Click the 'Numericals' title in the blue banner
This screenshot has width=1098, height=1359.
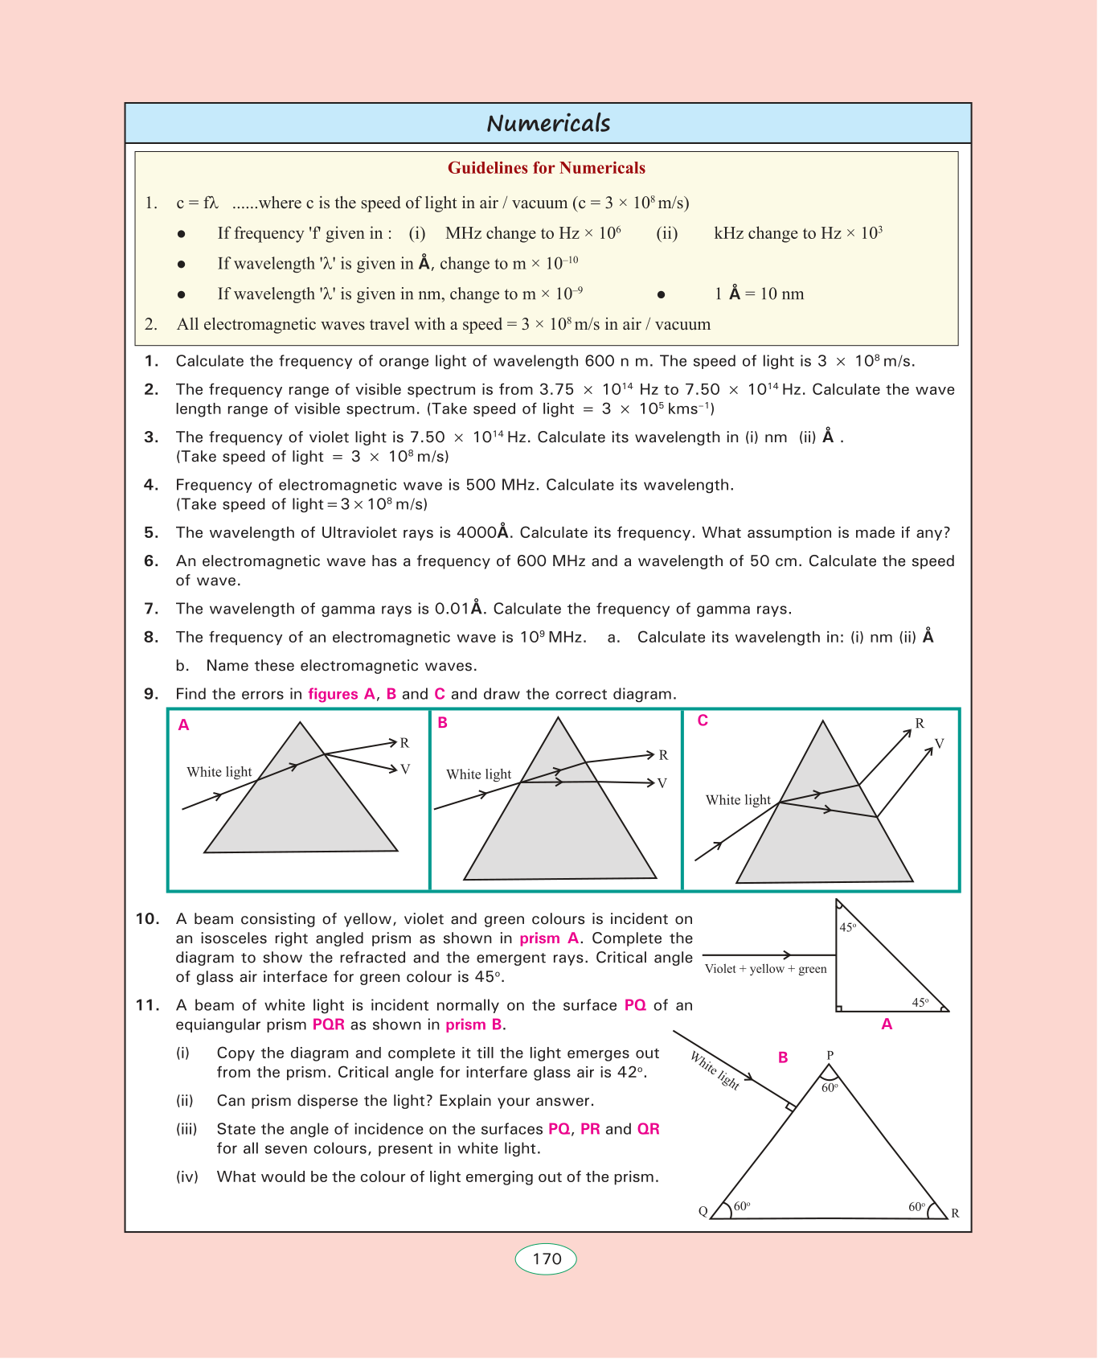(548, 123)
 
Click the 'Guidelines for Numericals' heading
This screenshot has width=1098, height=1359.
(547, 168)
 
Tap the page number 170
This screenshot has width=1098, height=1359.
(547, 1258)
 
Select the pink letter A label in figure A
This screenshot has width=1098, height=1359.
(184, 725)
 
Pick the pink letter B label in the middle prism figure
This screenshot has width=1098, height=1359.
(443, 723)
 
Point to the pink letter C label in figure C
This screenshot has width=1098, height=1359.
(703, 721)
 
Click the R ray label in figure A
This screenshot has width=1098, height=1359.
(405, 743)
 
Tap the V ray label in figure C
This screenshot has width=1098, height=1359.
(939, 744)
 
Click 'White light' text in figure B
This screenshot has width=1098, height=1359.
(479, 774)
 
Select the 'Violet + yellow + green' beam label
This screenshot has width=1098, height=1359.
(765, 969)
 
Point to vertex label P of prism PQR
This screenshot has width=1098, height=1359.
(830, 1055)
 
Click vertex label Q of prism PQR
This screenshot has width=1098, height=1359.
(703, 1212)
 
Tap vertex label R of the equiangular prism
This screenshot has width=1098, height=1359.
(955, 1213)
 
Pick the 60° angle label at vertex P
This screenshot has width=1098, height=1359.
(830, 1087)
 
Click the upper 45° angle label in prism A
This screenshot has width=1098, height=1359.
(848, 927)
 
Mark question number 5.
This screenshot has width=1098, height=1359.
(151, 532)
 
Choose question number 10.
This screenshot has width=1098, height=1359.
(147, 919)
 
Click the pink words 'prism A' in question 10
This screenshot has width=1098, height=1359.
(549, 938)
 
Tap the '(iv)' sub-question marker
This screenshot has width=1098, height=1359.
(187, 1177)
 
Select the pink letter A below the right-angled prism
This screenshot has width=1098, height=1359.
(887, 1024)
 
